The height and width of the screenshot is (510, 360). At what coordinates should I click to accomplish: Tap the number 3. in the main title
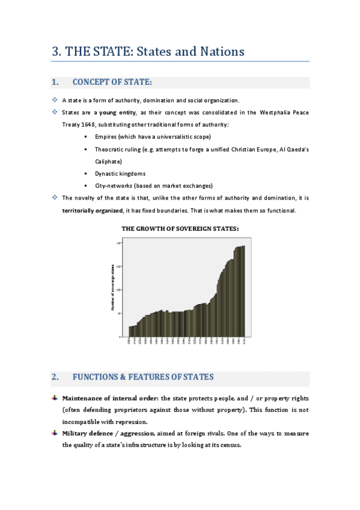point(57,52)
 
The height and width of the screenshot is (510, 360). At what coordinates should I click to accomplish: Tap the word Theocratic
point(110,149)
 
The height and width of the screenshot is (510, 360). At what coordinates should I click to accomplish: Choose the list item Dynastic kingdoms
point(120,174)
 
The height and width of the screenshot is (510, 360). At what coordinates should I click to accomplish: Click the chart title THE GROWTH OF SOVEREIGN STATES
point(180,229)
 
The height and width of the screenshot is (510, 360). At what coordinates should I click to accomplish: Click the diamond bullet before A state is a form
point(55,100)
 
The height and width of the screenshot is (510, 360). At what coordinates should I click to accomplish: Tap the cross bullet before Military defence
point(55,433)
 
